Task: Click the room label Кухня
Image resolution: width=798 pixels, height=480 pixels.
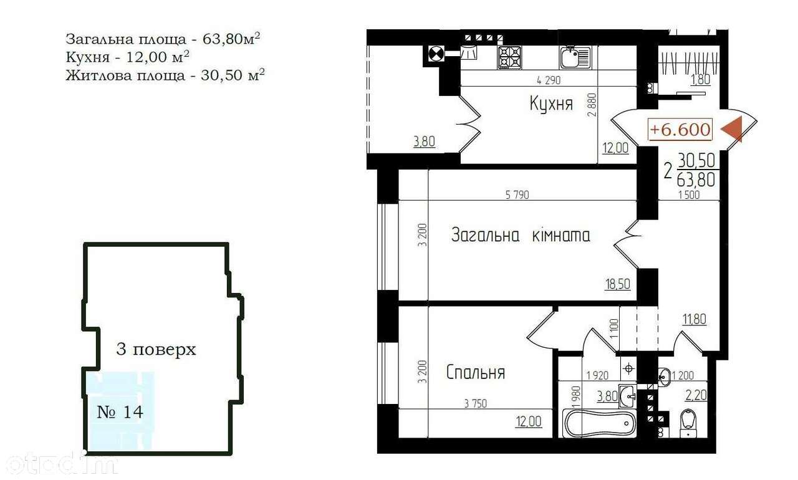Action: tap(551, 104)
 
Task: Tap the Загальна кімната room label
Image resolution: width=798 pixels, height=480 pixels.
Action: tap(521, 235)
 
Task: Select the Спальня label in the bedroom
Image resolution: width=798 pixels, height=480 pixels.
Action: tap(476, 372)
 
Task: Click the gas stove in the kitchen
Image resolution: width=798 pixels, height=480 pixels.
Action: tap(509, 58)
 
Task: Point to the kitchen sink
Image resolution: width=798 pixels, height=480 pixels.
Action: tap(575, 57)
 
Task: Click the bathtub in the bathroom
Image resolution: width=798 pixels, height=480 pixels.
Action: tap(599, 424)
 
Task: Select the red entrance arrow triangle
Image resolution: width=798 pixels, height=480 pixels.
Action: tap(732, 129)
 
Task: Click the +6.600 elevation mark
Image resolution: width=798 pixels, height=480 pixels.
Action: tap(680, 129)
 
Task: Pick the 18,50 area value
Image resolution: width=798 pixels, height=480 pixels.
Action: tap(618, 284)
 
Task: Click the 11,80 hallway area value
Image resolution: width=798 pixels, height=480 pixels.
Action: tap(695, 319)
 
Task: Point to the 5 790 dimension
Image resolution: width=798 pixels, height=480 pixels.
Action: tap(517, 194)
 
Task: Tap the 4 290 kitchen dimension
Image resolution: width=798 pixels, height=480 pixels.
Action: tap(549, 80)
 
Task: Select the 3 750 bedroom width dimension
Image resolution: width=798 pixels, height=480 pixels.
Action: tap(476, 403)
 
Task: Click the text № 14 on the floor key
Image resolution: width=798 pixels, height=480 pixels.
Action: tap(120, 412)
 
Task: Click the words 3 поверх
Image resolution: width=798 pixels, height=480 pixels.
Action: tap(156, 349)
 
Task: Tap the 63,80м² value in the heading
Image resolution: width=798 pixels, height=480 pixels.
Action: tap(231, 38)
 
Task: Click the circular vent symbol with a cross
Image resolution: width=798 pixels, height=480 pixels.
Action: tap(435, 54)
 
